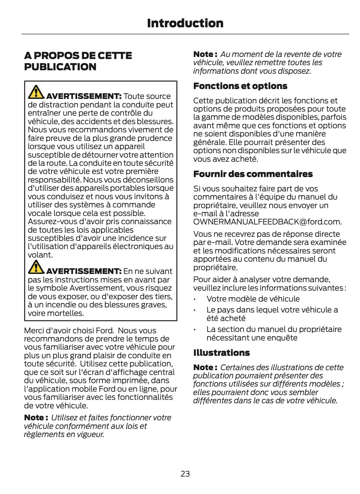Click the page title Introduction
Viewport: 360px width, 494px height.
185,23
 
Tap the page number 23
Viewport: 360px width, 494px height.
185,474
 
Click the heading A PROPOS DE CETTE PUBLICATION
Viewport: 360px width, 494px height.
78,61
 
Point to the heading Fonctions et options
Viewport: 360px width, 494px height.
240,86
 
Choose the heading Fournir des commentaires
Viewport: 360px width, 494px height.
253,174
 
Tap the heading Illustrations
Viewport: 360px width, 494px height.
221,353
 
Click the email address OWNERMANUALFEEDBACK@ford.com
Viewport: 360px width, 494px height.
267,222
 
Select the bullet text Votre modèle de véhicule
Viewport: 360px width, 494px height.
253,299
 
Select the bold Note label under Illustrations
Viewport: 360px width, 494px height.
205,367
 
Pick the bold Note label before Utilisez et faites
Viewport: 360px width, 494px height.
36,418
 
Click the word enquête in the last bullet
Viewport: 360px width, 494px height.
283,338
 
